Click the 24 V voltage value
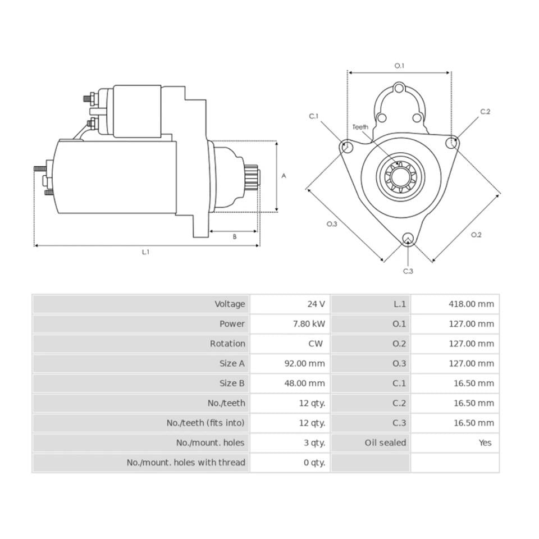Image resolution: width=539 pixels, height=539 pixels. point(316,304)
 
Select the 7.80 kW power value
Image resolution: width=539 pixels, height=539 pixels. point(309,324)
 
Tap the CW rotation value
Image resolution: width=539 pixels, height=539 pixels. point(316,344)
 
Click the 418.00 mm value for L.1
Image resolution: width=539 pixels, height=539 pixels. point(471,304)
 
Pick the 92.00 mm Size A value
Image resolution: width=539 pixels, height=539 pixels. point(304,363)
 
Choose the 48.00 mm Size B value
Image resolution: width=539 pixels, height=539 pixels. point(304,383)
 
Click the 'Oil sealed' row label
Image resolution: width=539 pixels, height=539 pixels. point(385,443)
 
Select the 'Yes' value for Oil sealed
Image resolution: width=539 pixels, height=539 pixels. point(485,443)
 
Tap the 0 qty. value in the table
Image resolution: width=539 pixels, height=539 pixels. point(314,463)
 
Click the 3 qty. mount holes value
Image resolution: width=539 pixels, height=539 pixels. point(314,443)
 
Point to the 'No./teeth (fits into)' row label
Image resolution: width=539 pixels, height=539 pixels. point(205,423)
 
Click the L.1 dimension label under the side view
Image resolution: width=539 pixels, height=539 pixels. point(146,252)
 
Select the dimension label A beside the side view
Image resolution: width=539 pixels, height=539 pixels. point(284,176)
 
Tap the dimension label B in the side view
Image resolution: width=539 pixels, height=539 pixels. point(235,237)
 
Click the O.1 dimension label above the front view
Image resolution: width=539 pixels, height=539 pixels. point(399,66)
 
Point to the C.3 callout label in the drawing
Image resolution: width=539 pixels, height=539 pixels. point(408,271)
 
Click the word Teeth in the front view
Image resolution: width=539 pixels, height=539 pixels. point(360,127)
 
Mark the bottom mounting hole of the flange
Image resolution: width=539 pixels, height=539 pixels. point(408,238)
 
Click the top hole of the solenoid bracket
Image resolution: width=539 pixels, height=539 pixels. point(399,88)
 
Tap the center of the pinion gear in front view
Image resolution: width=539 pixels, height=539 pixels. point(400,177)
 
